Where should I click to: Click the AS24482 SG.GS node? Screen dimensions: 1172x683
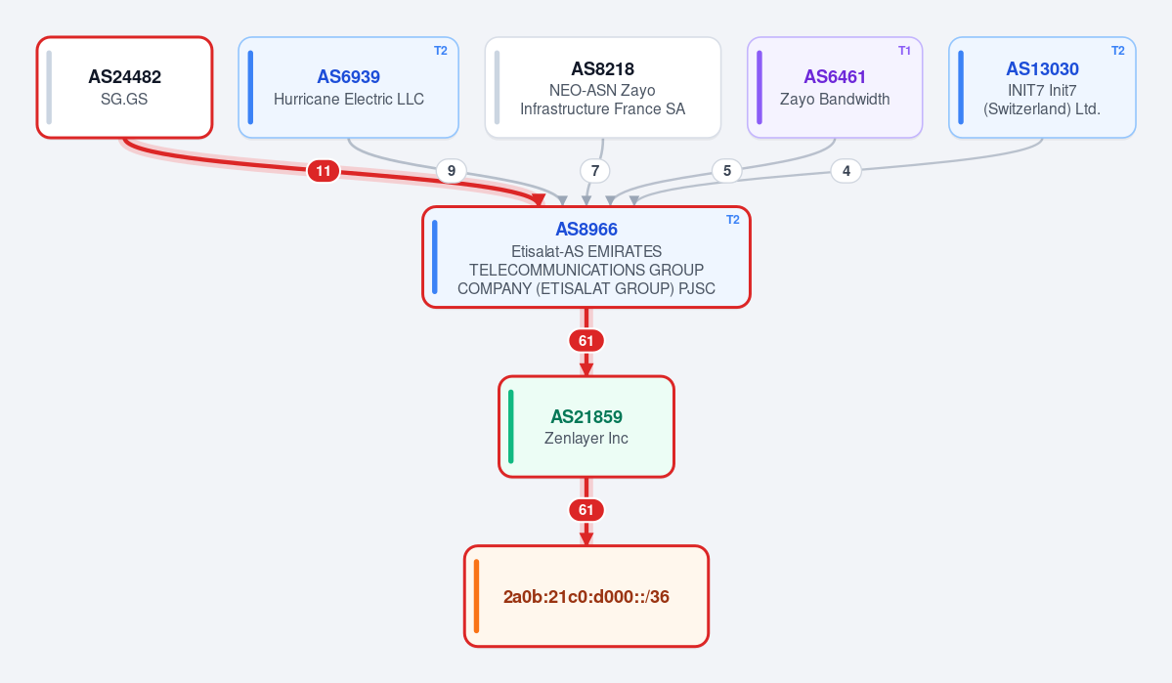point(125,87)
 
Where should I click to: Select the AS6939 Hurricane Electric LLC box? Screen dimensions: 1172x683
point(348,87)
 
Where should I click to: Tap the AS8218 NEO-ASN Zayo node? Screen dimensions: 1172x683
point(602,87)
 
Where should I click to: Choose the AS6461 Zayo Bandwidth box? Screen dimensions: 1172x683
point(835,87)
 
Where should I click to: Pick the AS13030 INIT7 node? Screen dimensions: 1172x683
point(1042,87)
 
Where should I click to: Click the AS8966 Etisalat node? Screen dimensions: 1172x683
point(586,257)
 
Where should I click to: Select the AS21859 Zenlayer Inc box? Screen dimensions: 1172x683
point(586,427)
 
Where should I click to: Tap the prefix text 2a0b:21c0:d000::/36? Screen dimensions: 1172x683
point(586,596)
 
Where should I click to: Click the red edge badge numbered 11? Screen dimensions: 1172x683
point(323,171)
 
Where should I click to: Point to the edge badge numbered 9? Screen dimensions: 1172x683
point(452,171)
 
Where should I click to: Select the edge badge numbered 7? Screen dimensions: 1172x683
point(595,171)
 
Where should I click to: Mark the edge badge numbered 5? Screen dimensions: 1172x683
point(727,171)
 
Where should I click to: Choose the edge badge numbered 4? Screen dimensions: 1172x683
point(846,171)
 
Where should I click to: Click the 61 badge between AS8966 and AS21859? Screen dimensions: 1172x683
point(586,341)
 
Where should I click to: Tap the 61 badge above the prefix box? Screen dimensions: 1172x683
point(586,510)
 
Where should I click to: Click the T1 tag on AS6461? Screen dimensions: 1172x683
point(904,51)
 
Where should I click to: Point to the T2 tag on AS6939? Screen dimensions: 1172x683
point(440,51)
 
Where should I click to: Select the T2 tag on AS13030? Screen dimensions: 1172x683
point(1117,51)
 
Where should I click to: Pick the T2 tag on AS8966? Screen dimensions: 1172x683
point(732,220)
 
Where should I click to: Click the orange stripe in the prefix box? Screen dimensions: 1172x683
point(476,596)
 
